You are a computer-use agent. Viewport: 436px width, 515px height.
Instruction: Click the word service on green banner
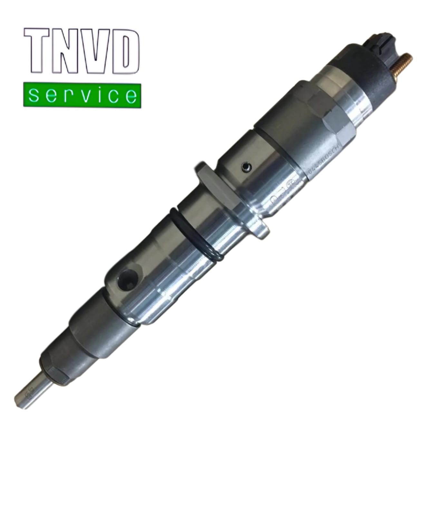[x=82, y=96]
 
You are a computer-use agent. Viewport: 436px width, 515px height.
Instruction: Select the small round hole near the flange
[x=246, y=167]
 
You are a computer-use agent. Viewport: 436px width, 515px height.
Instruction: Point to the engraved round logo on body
[x=290, y=187]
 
